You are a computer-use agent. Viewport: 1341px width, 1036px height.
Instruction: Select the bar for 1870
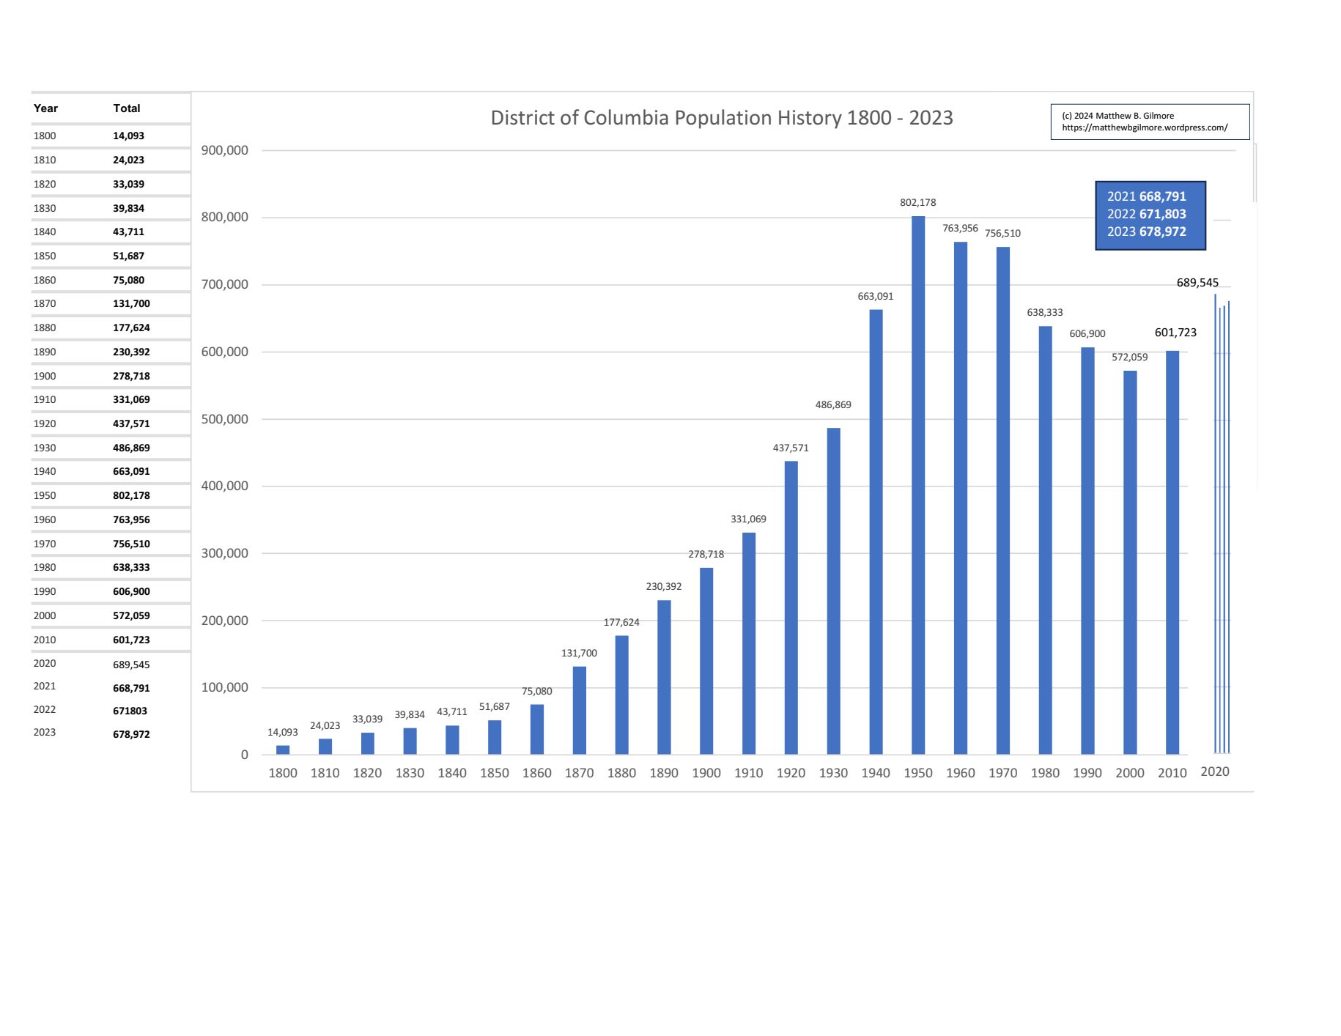click(x=579, y=710)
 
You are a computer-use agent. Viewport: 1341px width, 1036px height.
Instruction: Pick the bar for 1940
click(x=876, y=531)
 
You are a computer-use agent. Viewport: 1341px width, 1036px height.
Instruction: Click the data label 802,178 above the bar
click(x=918, y=203)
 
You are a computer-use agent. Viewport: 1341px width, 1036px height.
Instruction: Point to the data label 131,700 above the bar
click(x=579, y=654)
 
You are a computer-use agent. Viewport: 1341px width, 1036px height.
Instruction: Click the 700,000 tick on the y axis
click(x=225, y=284)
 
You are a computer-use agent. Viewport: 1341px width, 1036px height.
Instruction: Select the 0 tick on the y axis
click(x=245, y=755)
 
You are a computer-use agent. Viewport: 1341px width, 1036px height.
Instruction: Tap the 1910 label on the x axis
click(x=748, y=773)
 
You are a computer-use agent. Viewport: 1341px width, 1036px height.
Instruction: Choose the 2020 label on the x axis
click(x=1215, y=772)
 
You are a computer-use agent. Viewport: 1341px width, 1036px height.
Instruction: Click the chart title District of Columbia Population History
click(x=721, y=118)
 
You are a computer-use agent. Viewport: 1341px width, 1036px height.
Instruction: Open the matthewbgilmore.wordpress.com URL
click(x=1145, y=127)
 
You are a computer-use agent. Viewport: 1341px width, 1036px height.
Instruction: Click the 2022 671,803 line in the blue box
click(x=1146, y=214)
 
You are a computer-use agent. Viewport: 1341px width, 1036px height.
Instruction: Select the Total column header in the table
click(x=127, y=108)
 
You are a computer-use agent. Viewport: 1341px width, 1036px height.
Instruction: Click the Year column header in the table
click(x=45, y=108)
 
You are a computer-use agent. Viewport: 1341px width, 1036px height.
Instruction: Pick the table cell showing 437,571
click(x=131, y=423)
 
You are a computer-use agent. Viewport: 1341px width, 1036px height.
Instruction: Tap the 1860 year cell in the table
click(x=45, y=280)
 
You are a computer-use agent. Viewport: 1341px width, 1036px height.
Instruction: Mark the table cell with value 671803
click(x=130, y=711)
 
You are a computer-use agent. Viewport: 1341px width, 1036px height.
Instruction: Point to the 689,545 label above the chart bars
click(x=1197, y=283)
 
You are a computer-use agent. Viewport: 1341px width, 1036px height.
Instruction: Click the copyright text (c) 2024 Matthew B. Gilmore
click(x=1117, y=116)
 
